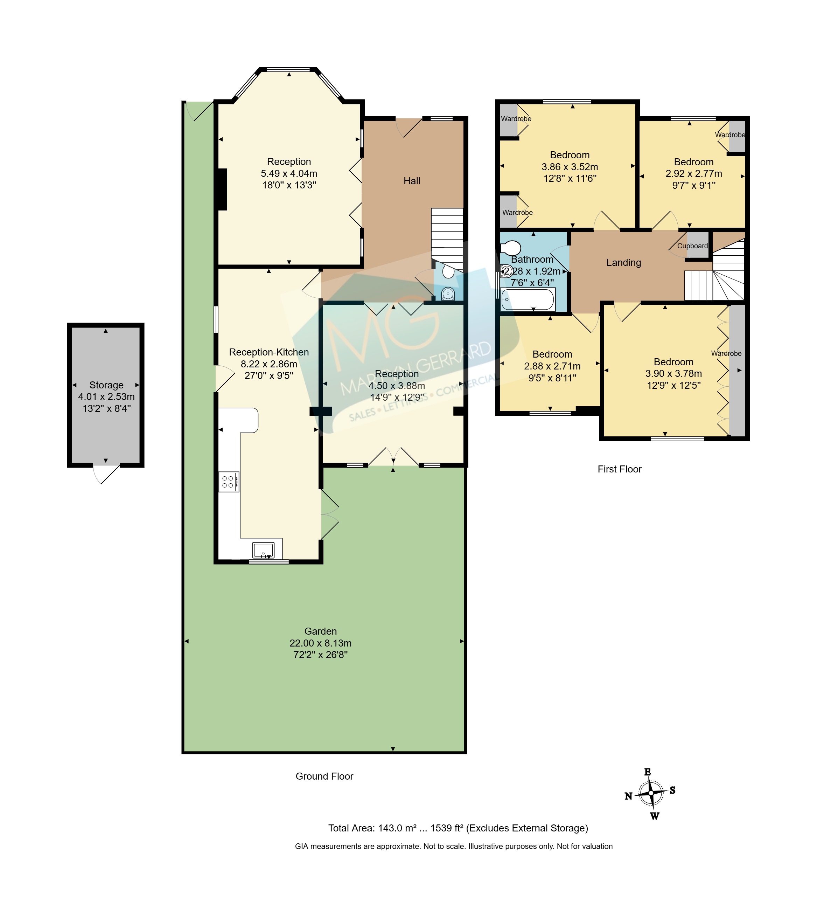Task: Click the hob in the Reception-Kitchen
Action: coord(229,482)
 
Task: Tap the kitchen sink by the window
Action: coord(263,550)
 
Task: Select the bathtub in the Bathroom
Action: coord(528,299)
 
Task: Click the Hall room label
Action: coord(412,181)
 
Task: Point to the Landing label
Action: coord(623,263)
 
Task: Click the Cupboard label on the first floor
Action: coord(692,246)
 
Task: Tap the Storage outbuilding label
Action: coord(106,385)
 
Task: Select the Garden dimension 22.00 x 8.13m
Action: coord(320,643)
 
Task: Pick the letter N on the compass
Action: coord(628,809)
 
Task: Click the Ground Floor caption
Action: coord(324,776)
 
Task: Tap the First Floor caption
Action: coord(619,469)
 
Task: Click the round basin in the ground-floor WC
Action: coord(448,294)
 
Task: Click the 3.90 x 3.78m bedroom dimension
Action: coord(673,374)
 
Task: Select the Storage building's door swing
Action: coord(106,474)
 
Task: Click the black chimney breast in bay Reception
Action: coord(222,189)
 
